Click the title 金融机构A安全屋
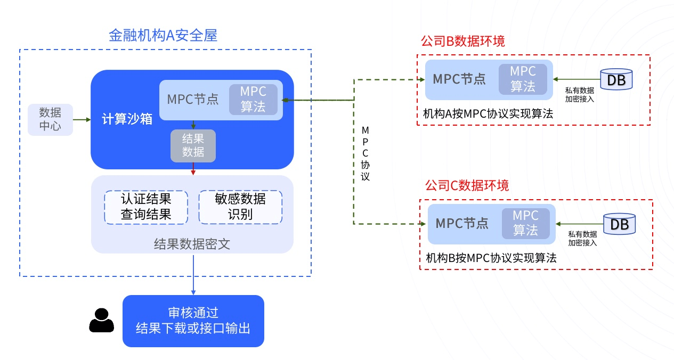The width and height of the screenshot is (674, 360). click(x=163, y=36)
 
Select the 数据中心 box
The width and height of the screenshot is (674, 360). click(x=50, y=119)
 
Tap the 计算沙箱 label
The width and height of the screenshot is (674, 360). click(x=127, y=119)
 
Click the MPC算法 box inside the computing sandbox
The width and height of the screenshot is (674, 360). click(x=253, y=99)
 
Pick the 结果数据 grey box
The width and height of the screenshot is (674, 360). click(x=193, y=145)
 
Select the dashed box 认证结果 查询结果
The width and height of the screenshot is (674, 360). click(x=145, y=207)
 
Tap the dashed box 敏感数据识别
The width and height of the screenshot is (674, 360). click(x=240, y=207)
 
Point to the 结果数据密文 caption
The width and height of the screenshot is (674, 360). click(x=192, y=244)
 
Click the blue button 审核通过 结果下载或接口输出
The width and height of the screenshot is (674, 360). click(x=193, y=321)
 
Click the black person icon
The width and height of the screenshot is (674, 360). click(x=101, y=321)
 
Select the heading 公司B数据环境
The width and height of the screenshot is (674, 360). click(x=462, y=41)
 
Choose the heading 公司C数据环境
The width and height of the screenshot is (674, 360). click(x=467, y=185)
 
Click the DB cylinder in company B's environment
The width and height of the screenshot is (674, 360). click(x=616, y=79)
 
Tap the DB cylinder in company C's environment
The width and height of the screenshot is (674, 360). click(x=619, y=224)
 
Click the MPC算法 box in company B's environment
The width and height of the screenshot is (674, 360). click(x=523, y=79)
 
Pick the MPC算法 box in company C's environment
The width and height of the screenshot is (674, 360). click(x=525, y=223)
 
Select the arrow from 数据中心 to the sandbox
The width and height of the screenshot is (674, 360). click(x=82, y=119)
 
